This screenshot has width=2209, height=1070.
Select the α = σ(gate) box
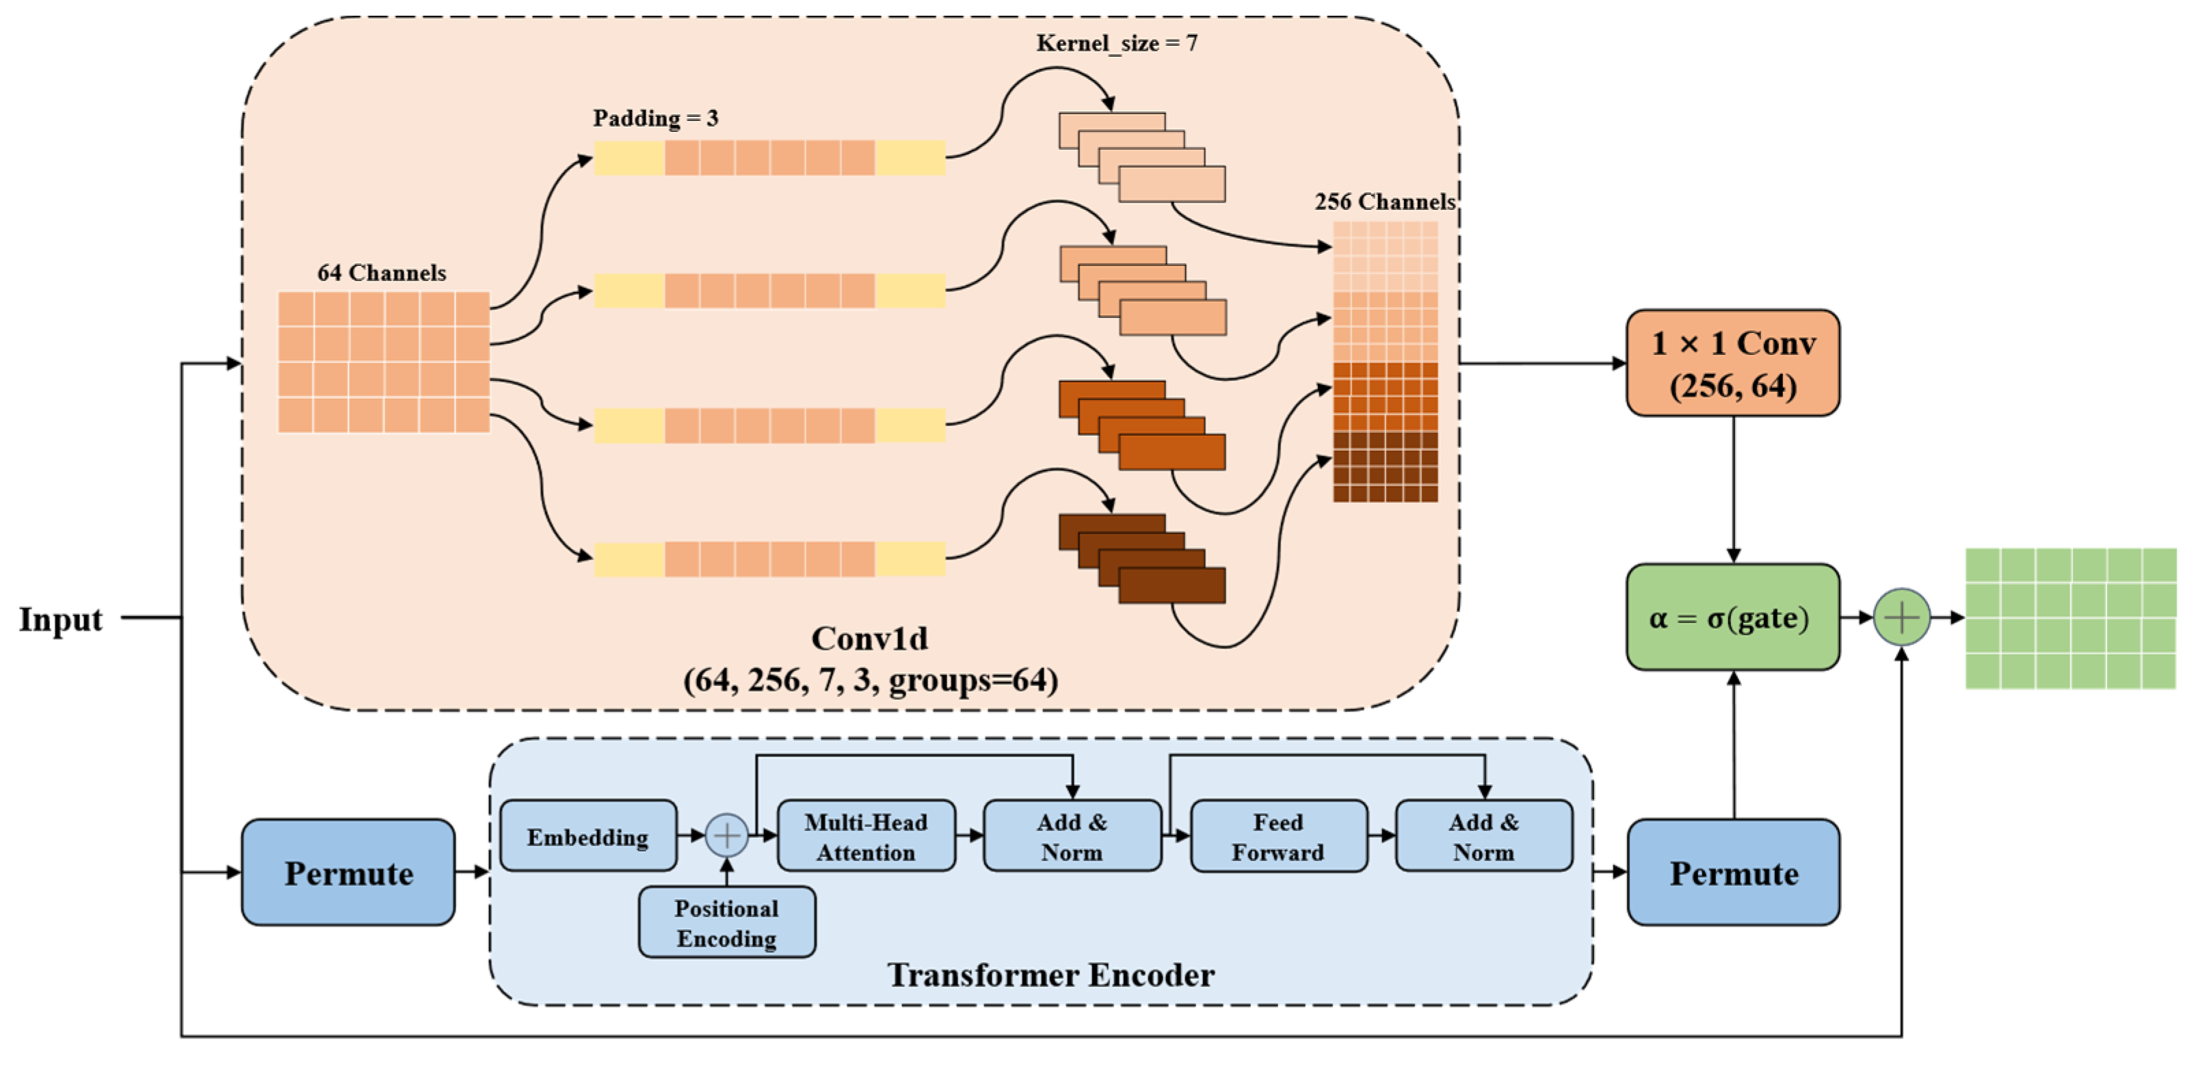point(1732,617)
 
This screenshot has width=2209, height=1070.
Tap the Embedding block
point(588,836)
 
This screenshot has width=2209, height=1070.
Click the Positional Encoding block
point(726,922)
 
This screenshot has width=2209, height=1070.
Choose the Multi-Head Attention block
point(866,836)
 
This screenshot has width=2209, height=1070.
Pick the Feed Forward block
point(1278,836)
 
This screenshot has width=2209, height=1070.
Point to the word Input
point(60,618)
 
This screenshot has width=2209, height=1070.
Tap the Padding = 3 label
point(655,118)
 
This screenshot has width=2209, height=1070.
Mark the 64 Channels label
point(382,273)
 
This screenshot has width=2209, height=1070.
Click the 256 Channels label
point(1384,202)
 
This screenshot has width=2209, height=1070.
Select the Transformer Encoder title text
point(1050,975)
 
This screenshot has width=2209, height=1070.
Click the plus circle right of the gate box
point(1901,617)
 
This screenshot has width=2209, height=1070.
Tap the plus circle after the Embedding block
point(726,835)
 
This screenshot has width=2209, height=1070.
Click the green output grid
point(2070,618)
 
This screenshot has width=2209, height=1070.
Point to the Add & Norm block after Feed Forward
point(1483,836)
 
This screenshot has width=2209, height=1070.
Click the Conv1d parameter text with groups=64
point(871,680)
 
